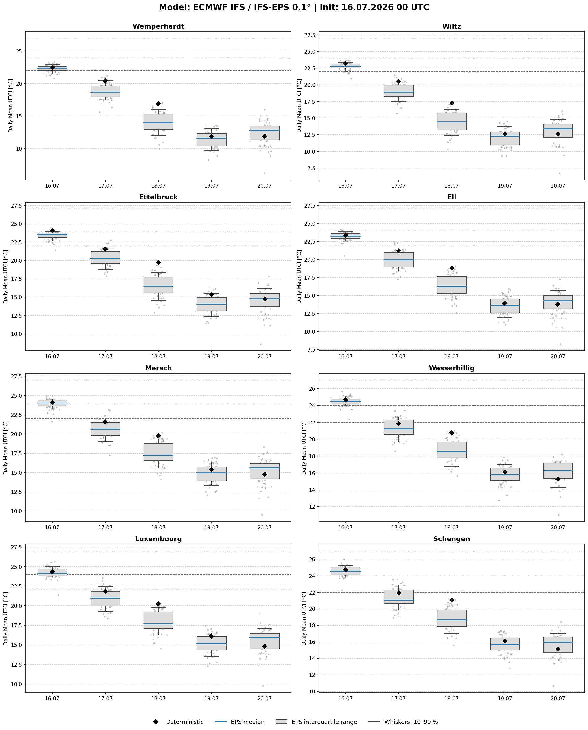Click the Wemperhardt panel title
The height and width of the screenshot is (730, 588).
(x=158, y=26)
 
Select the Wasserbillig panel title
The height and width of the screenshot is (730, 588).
(x=452, y=368)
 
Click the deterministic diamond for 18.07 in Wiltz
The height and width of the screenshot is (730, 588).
(x=452, y=103)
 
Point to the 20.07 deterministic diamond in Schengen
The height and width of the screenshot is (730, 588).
(x=558, y=649)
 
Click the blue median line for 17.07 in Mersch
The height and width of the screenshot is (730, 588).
(x=105, y=429)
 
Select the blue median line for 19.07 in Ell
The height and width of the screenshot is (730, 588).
(x=505, y=306)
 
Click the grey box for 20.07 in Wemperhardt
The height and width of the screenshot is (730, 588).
(x=265, y=133)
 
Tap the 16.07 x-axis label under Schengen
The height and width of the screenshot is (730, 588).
(x=345, y=698)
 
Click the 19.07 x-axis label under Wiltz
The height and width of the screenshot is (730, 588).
(x=505, y=186)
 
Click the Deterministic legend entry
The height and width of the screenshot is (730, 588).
(x=178, y=722)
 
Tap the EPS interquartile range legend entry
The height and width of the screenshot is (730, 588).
(x=316, y=722)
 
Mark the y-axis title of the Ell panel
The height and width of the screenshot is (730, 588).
(x=299, y=276)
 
